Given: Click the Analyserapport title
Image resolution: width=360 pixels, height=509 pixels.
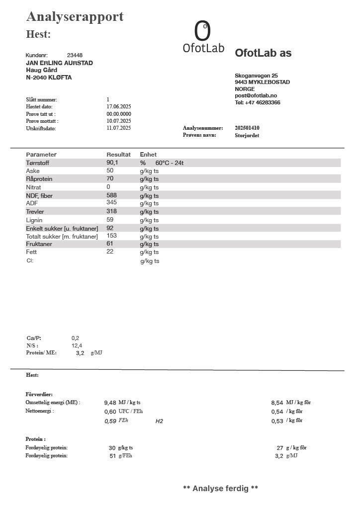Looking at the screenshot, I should coord(75,16).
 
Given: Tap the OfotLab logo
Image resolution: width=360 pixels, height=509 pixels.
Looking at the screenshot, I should coord(203,37).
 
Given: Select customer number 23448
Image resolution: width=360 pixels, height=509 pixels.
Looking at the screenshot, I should coord(75,55).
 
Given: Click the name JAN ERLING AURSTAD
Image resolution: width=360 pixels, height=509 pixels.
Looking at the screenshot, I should coord(59,63).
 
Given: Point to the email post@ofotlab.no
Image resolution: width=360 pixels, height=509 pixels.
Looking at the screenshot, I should coord(256,95).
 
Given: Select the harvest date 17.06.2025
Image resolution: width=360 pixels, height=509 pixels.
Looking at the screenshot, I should coord(118,106).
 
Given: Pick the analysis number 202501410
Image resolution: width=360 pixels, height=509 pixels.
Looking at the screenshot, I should coord(247,128).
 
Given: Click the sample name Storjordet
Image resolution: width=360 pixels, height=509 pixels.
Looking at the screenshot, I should coord(247,135).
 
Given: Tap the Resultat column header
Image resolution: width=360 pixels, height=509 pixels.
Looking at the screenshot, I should coord(118,155).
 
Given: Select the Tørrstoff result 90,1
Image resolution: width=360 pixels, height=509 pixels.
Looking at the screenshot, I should coord(112,163).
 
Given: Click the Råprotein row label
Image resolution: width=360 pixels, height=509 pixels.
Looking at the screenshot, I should coord(39,178).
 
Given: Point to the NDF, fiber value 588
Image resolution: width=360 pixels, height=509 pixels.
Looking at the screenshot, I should coord(111,195).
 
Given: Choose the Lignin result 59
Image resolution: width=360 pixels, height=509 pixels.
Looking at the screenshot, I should coord(110,220).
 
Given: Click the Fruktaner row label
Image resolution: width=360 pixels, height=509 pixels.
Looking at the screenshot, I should coord(39,244).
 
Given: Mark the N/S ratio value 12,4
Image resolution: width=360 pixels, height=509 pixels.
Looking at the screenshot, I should coord(77,345).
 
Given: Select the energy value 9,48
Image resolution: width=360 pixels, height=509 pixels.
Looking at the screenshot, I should coord(110,403).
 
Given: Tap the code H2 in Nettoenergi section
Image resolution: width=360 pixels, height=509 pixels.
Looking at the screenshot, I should coord(159,421).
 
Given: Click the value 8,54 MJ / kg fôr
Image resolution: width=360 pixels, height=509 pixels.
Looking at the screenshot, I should coord(277,403).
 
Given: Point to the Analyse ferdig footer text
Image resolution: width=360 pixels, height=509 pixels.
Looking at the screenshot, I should coord(220,488).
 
